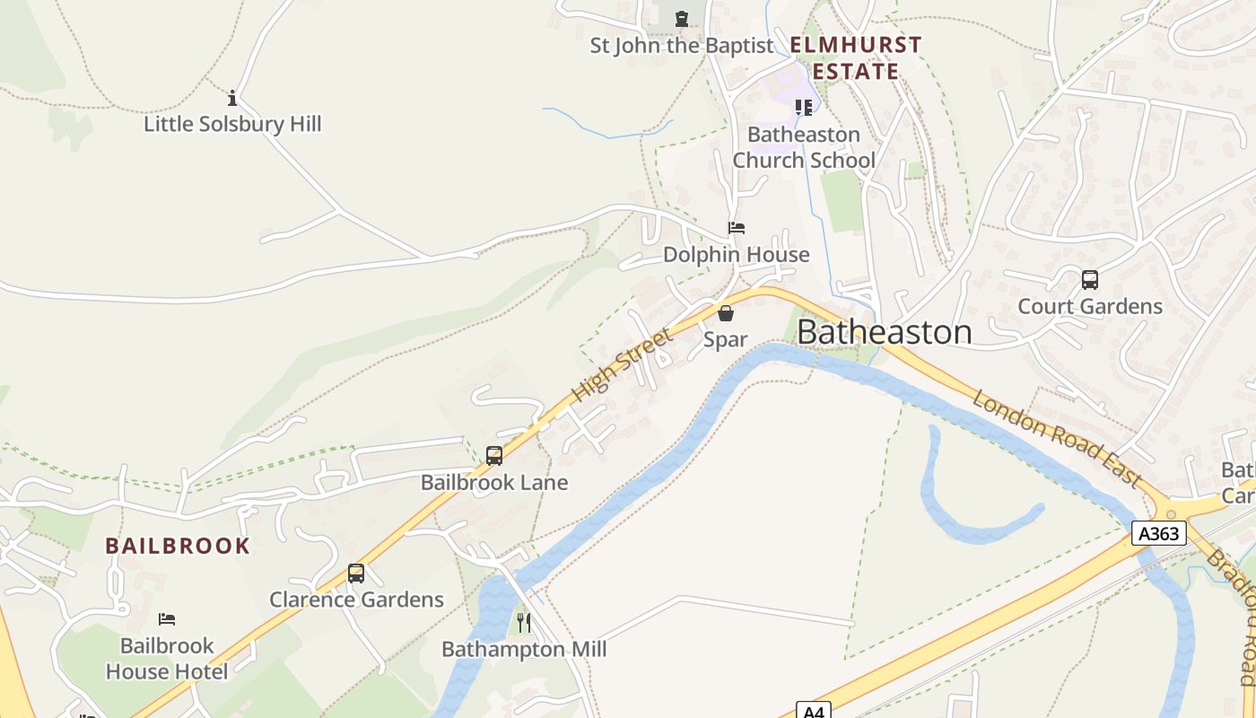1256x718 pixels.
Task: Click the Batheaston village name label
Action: tap(884, 332)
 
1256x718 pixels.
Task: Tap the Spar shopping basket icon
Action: tap(726, 313)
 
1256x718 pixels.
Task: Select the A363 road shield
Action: tap(1159, 534)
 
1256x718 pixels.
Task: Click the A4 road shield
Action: tap(813, 711)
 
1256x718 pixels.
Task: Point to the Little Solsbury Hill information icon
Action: tap(232, 97)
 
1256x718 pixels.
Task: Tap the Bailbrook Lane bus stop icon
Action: tap(494, 455)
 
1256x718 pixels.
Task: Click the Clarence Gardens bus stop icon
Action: tap(356, 573)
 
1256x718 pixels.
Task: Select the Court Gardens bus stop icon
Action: tap(1090, 279)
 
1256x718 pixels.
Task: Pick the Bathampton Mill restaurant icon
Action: tap(524, 622)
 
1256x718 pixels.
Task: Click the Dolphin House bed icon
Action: tap(737, 228)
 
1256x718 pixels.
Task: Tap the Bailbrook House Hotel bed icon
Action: tap(167, 618)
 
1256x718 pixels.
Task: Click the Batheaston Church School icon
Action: tap(803, 108)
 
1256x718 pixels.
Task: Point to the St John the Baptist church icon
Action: tap(682, 18)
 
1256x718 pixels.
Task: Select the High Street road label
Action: tap(621, 365)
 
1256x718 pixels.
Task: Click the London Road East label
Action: tap(1056, 438)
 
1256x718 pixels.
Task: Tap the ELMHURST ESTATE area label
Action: tap(856, 58)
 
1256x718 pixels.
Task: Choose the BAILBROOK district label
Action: tap(178, 546)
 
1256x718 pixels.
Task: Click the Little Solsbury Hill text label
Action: tap(232, 124)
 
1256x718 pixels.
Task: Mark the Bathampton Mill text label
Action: tap(524, 649)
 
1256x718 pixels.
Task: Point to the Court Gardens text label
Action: tap(1090, 306)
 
